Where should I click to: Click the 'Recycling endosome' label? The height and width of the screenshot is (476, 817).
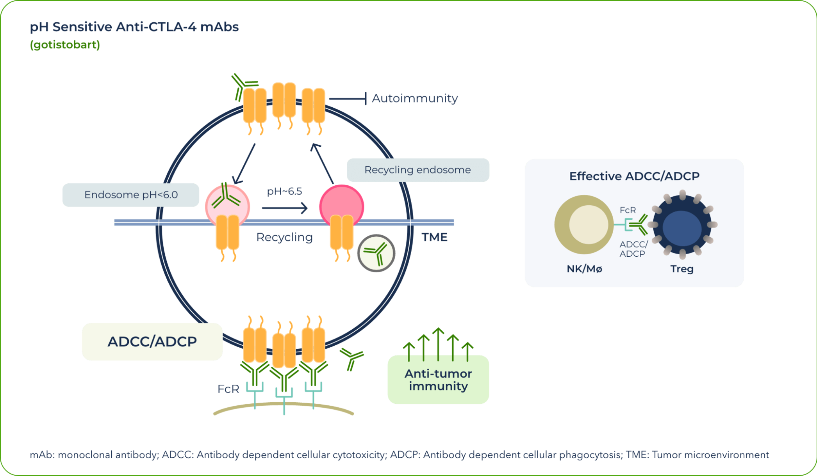click(x=417, y=170)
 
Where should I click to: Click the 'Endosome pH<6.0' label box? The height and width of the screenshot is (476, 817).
click(x=131, y=195)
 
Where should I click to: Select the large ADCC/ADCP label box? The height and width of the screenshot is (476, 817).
click(x=152, y=342)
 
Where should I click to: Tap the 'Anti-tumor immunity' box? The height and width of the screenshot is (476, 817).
click(x=438, y=380)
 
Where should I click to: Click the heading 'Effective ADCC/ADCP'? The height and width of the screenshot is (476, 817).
click(x=634, y=176)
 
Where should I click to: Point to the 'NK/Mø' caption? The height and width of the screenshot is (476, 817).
click(x=584, y=269)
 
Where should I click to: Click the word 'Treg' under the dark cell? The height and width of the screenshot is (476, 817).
click(x=681, y=269)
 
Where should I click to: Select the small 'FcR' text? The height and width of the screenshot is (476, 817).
click(x=627, y=210)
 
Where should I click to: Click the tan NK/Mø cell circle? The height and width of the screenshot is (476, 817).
click(x=583, y=224)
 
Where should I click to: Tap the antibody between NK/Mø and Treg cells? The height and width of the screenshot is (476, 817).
click(x=638, y=224)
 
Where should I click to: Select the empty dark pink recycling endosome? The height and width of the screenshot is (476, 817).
click(x=341, y=203)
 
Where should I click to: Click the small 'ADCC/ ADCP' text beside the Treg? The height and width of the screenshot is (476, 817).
click(x=633, y=249)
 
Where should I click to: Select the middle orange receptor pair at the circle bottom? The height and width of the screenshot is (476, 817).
click(x=284, y=349)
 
